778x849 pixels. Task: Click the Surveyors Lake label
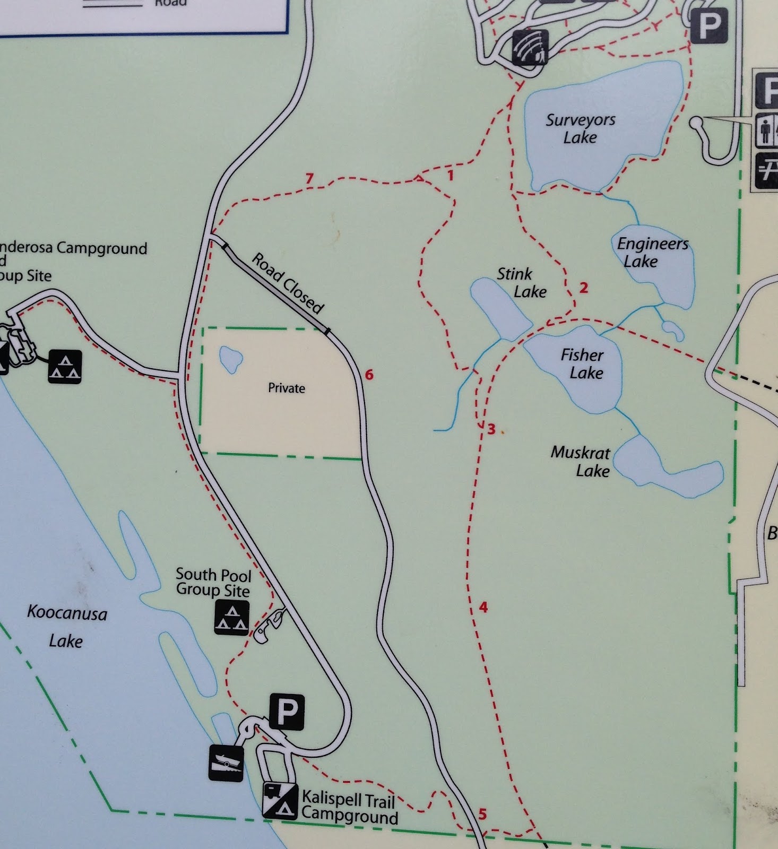pyautogui.click(x=580, y=128)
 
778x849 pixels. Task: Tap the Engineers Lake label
pyautogui.click(x=652, y=252)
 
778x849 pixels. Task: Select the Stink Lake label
pyautogui.click(x=522, y=283)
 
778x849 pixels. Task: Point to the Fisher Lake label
pyautogui.click(x=583, y=363)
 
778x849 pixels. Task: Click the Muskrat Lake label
pyautogui.click(x=581, y=462)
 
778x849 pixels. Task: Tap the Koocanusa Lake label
pyautogui.click(x=66, y=627)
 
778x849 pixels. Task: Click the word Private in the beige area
pyautogui.click(x=286, y=388)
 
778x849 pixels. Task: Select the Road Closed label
pyautogui.click(x=287, y=283)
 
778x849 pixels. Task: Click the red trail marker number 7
pyautogui.click(x=309, y=179)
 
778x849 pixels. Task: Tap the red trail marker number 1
pyautogui.click(x=451, y=175)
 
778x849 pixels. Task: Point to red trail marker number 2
pyautogui.click(x=584, y=288)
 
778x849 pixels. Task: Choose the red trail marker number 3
pyautogui.click(x=491, y=429)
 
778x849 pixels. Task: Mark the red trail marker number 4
pyautogui.click(x=483, y=607)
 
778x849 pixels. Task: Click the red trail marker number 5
pyautogui.click(x=482, y=813)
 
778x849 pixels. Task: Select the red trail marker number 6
pyautogui.click(x=369, y=375)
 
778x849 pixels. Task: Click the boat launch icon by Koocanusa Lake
pyautogui.click(x=226, y=763)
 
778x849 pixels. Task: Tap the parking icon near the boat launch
pyautogui.click(x=287, y=712)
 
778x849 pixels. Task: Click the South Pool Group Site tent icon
pyautogui.click(x=231, y=618)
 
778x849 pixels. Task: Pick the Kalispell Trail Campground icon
pyautogui.click(x=280, y=800)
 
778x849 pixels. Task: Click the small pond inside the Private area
pyautogui.click(x=230, y=359)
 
